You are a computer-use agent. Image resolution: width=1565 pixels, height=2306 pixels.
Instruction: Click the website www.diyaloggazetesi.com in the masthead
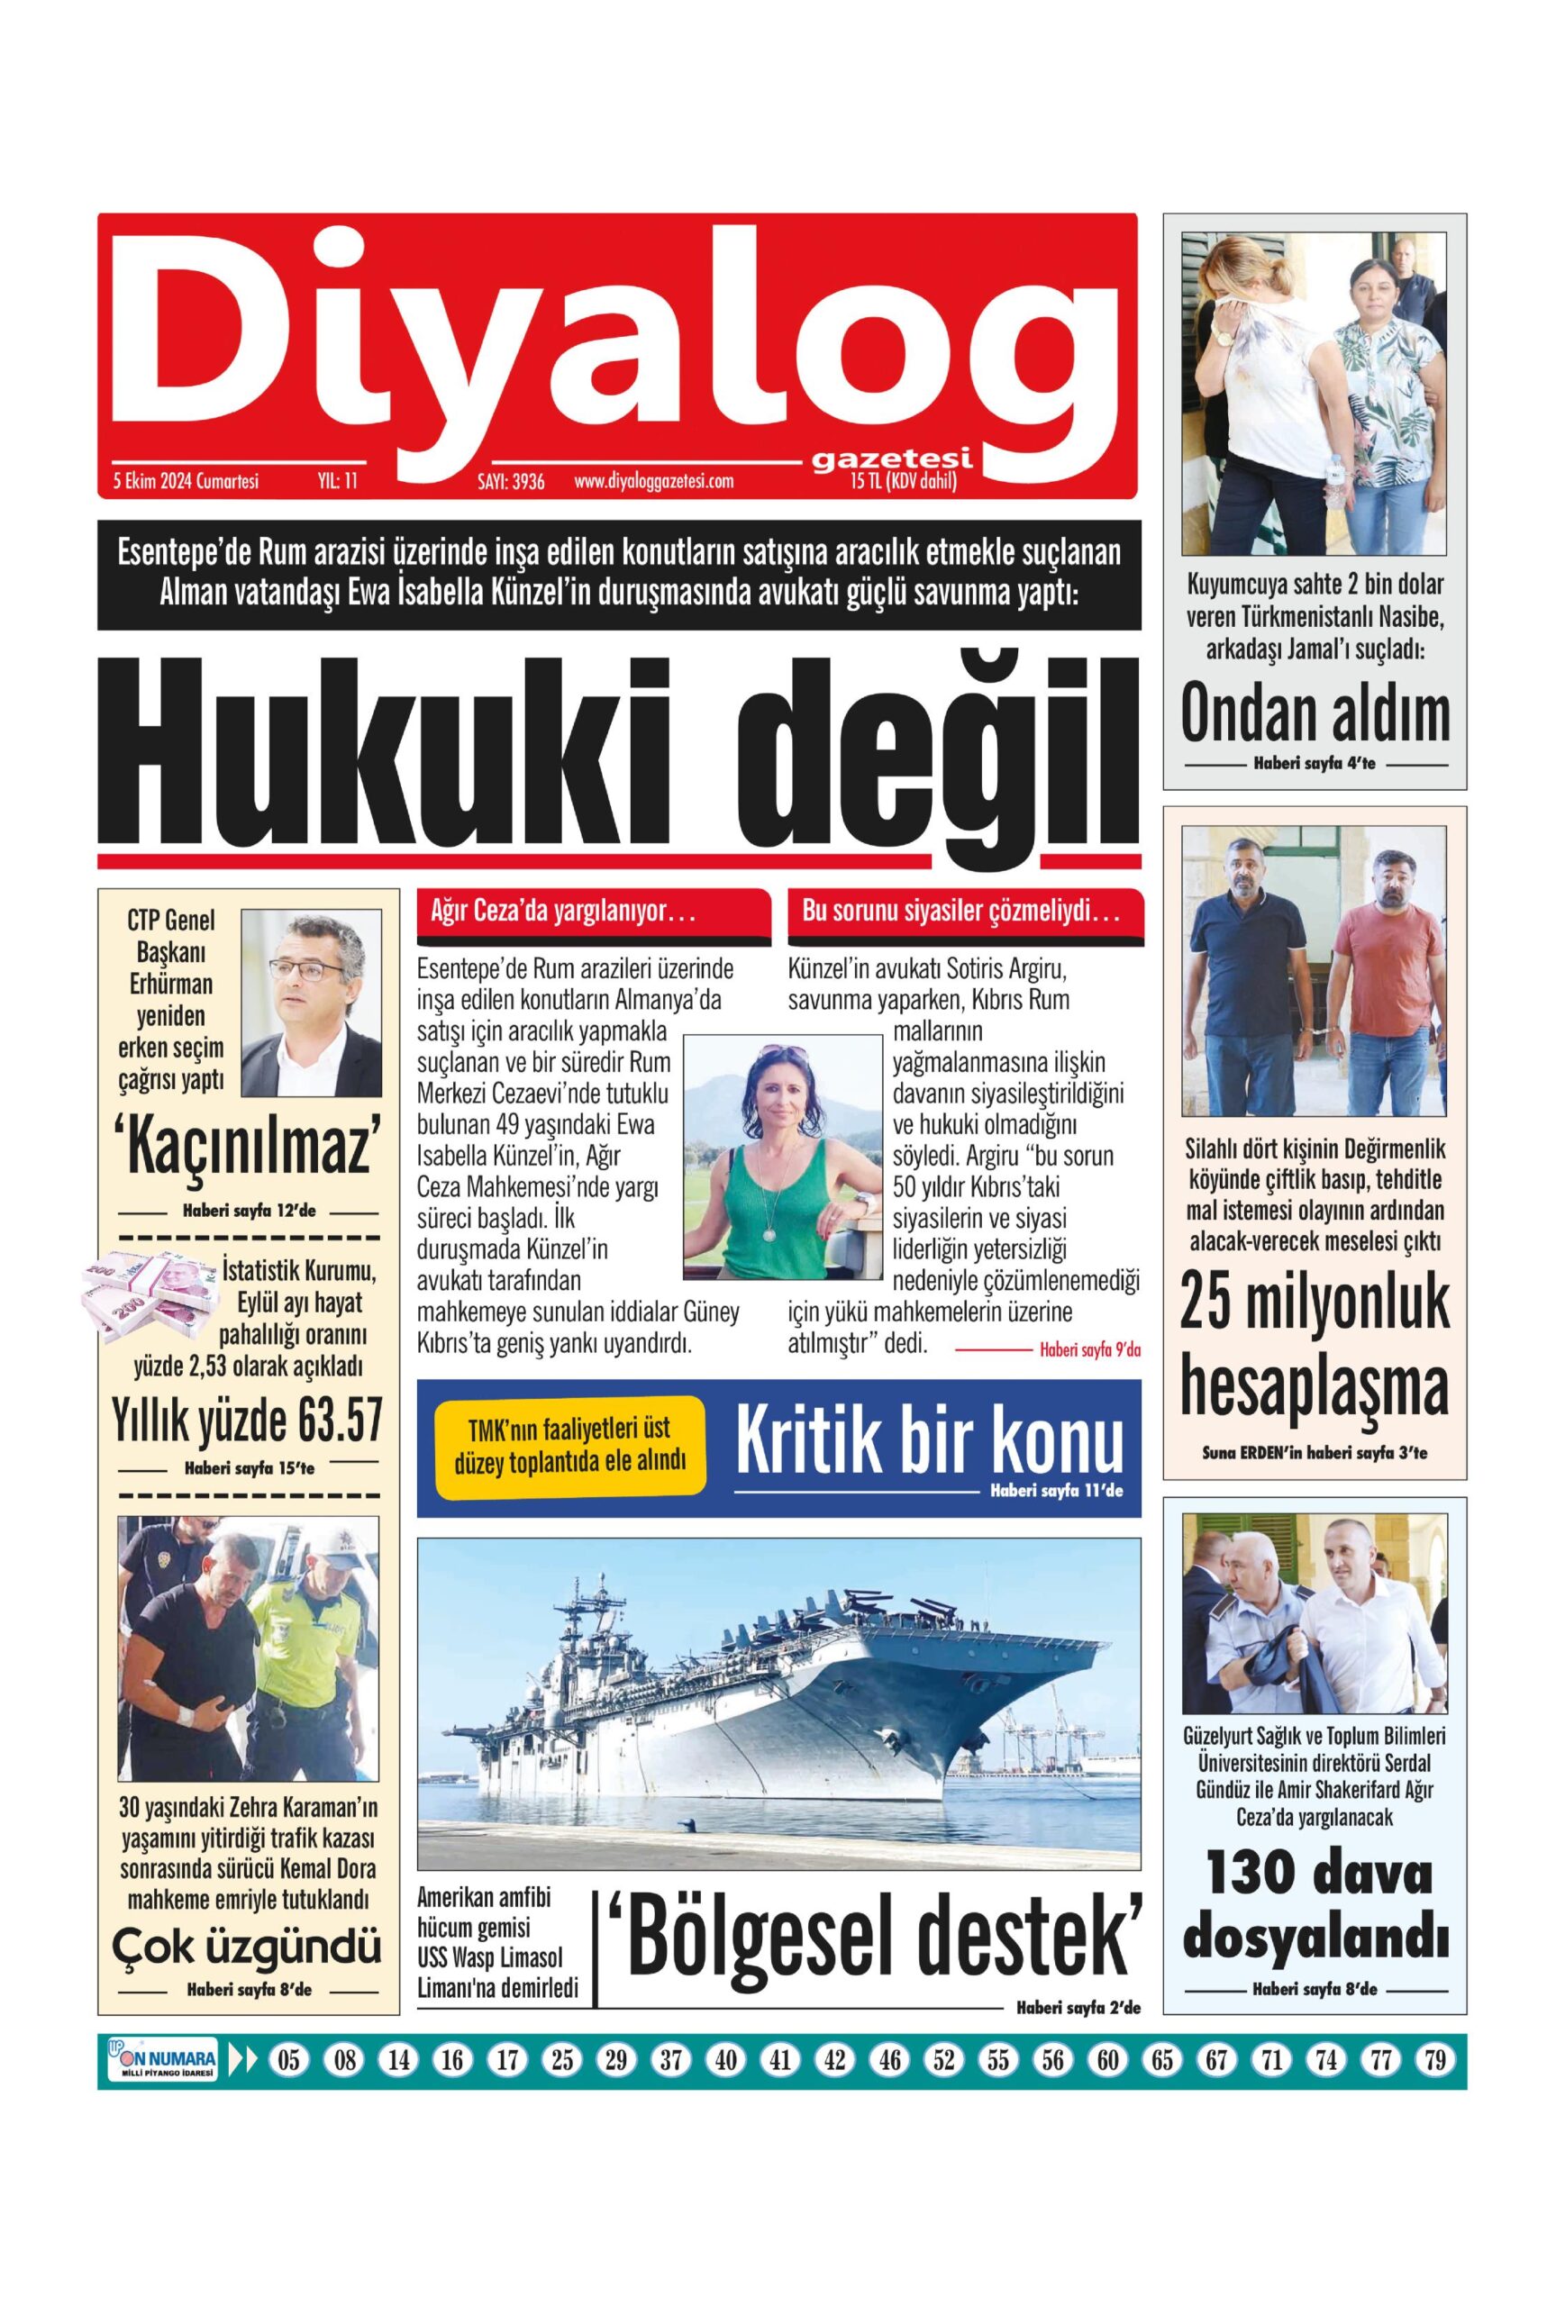[653, 482]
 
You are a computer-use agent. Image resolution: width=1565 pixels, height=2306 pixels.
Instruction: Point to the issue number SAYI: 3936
[511, 483]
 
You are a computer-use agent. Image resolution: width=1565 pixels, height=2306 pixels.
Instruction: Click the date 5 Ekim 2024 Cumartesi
[186, 482]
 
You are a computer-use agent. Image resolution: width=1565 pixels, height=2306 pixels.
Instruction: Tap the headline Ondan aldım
[1315, 713]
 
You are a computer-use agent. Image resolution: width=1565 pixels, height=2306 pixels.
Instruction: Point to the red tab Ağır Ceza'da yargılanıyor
[594, 912]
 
